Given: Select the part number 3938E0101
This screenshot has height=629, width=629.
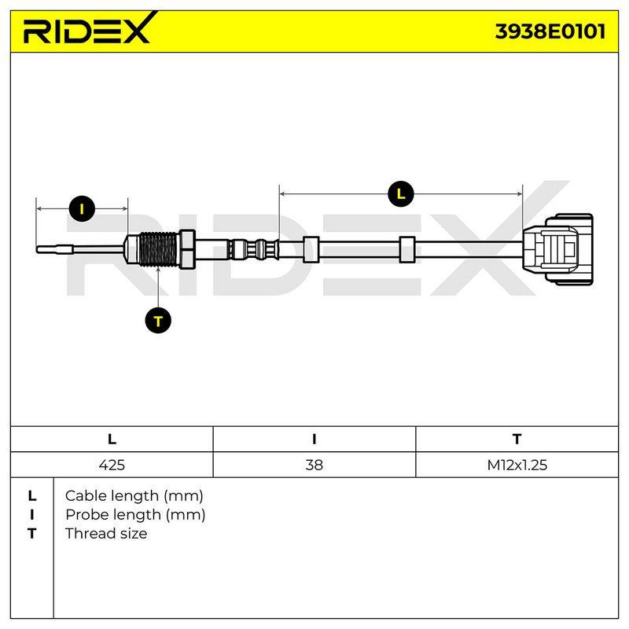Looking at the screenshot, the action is coord(550,31).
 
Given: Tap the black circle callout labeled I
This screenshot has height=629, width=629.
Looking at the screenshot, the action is coord(82,209).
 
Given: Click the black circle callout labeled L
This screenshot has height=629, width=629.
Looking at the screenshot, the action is coord(401,194).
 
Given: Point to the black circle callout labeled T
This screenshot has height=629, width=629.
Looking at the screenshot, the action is coord(158,321).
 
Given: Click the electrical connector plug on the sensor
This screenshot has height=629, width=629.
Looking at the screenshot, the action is coord(558,249).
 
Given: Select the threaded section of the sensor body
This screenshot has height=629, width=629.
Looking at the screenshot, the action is coord(158,249).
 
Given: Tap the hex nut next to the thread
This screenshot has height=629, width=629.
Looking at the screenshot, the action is coord(187,249).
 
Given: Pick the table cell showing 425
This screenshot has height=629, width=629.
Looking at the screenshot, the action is coord(112,465).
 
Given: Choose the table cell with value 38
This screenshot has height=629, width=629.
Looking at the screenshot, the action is coord(314,465).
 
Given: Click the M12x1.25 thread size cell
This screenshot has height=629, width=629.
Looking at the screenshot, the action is coord(517,465).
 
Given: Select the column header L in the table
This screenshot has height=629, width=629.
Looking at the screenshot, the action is coord(112,440).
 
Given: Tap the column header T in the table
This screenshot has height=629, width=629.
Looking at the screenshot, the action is coord(517,440).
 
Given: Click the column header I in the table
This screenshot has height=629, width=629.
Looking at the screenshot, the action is coord(314,440).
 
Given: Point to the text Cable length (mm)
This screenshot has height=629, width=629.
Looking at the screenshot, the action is coord(134,496).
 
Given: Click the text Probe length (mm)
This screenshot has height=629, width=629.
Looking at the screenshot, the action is coord(135,515).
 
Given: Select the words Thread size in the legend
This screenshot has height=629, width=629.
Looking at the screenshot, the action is coord(106,534).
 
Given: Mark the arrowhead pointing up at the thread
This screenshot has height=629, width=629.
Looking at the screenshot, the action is coord(159,270).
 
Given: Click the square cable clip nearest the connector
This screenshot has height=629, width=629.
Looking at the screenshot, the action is coord(407,249).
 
